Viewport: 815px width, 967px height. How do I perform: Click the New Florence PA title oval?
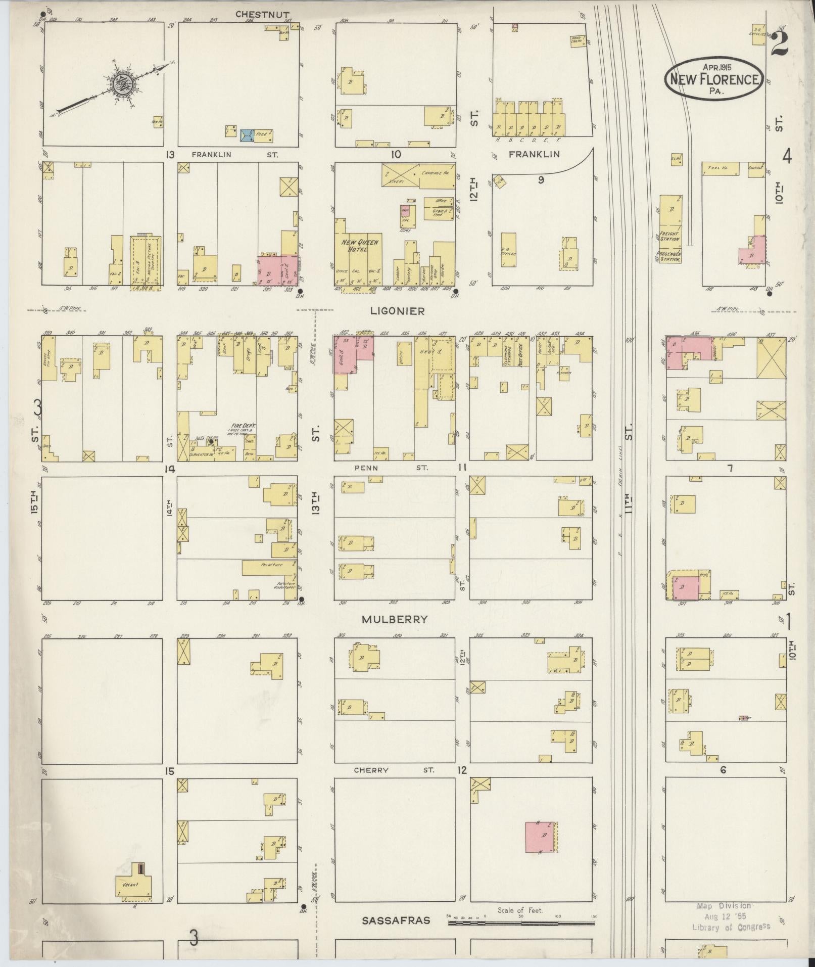click(713, 78)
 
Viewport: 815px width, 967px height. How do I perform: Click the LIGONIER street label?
click(397, 311)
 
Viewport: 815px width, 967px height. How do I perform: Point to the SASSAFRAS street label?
click(396, 920)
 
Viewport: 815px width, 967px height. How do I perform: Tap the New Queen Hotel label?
click(359, 246)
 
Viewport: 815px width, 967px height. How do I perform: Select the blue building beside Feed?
click(247, 135)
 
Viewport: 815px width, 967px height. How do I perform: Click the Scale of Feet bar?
click(520, 923)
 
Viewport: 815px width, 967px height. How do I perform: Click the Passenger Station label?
click(669, 256)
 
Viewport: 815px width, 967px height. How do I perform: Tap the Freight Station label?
click(669, 236)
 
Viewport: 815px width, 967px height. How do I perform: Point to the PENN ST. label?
click(391, 468)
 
